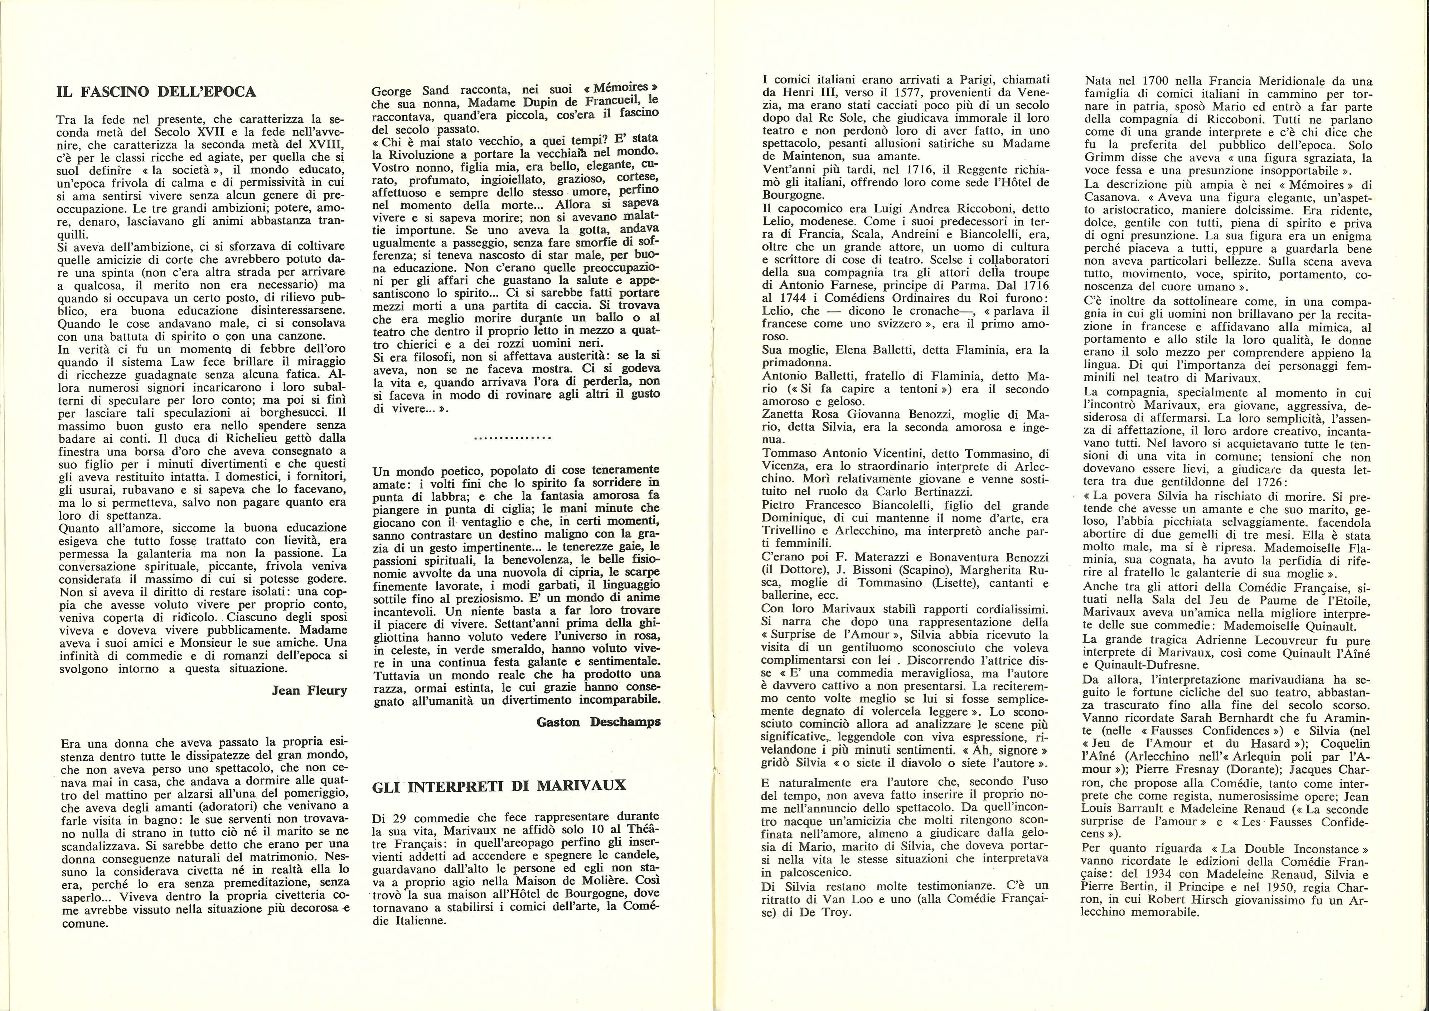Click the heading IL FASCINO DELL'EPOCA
click(156, 92)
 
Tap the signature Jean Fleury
click(309, 690)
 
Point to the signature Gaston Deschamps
click(598, 721)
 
